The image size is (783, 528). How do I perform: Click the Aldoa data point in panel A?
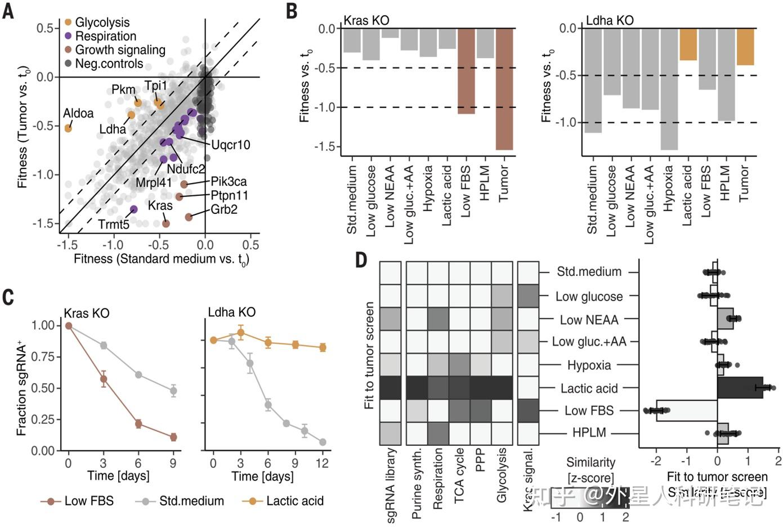click(68, 128)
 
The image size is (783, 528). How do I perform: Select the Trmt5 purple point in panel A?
click(133, 209)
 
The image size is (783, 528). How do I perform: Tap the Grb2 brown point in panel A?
click(189, 217)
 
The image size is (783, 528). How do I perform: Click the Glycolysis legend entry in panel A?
click(101, 23)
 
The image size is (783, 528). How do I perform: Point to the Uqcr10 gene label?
click(230, 145)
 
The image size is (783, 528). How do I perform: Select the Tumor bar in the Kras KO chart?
click(504, 89)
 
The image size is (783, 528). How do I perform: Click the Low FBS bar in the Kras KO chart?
click(466, 71)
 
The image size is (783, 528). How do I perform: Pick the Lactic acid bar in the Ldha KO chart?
click(688, 44)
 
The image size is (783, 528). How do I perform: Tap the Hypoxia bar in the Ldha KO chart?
click(669, 89)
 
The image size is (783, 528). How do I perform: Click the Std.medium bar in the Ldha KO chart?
click(593, 80)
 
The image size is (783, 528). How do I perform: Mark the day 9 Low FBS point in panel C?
click(173, 437)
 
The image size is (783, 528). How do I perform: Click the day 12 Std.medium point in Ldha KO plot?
click(323, 442)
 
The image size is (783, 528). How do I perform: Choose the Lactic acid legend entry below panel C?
click(295, 501)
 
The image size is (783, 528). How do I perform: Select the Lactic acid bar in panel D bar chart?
click(740, 388)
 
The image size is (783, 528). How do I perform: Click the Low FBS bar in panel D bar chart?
click(687, 410)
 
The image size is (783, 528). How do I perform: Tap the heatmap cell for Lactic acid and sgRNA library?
click(390, 388)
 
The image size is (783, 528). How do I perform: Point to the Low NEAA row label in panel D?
click(589, 320)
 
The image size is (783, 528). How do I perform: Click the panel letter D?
click(361, 260)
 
